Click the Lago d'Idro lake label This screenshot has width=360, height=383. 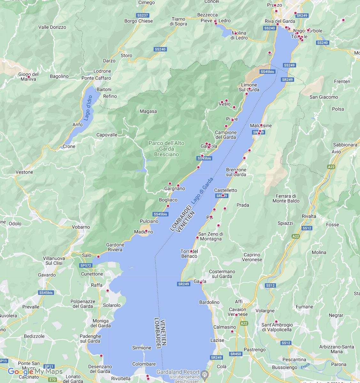click(88, 108)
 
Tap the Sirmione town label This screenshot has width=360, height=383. click(142, 348)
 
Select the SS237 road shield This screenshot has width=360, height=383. click(142, 15)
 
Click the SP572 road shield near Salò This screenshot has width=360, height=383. click(86, 265)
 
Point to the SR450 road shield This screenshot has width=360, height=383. click(236, 354)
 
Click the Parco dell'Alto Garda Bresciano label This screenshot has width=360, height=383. click(166, 149)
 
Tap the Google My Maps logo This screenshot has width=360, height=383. click(35, 372)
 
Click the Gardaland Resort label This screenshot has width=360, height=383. click(178, 372)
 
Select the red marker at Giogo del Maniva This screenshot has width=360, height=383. click(28, 77)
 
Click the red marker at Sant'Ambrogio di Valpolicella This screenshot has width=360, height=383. click(276, 322)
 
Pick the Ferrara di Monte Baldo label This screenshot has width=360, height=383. click(286, 198)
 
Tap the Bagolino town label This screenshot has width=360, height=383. click(59, 76)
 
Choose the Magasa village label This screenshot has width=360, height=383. click(148, 111)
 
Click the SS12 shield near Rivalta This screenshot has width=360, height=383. click(307, 228)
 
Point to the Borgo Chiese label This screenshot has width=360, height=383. click(139, 21)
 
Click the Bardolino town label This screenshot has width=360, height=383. click(209, 302)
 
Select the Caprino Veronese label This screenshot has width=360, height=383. click(252, 257)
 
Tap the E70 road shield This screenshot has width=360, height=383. click(52, 380)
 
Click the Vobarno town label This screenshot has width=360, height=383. click(81, 227)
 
